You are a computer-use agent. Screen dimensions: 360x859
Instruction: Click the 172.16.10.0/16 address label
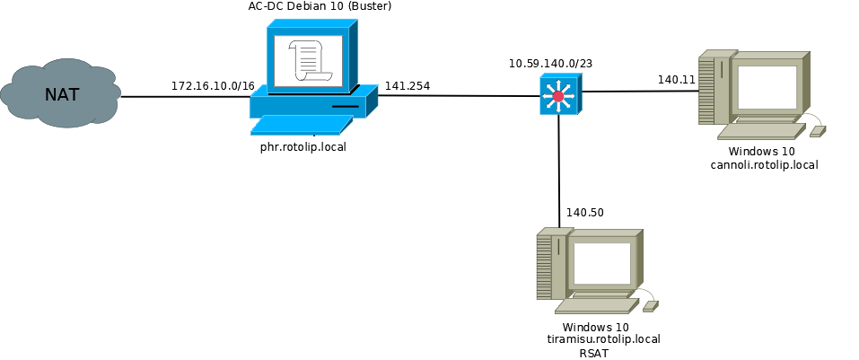(x=213, y=86)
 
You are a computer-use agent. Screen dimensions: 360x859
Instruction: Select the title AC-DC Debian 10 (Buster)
(x=320, y=7)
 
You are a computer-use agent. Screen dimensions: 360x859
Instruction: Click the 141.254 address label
(x=408, y=86)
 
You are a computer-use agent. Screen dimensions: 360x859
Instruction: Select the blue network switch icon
(x=560, y=94)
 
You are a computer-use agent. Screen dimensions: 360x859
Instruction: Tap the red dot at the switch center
(x=558, y=96)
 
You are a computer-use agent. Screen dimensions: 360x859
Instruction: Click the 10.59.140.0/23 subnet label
(x=551, y=64)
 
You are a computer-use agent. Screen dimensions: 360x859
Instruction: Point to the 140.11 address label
(x=677, y=80)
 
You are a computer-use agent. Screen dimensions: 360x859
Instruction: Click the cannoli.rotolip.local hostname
(x=764, y=164)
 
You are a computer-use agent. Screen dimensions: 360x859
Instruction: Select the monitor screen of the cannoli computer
(x=767, y=86)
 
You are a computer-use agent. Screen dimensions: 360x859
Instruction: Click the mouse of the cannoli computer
(x=817, y=131)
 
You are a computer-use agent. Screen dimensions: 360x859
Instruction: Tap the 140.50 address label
(x=585, y=213)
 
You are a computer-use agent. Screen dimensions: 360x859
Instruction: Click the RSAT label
(x=594, y=353)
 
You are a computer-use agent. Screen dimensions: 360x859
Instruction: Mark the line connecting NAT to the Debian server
(x=184, y=96)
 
